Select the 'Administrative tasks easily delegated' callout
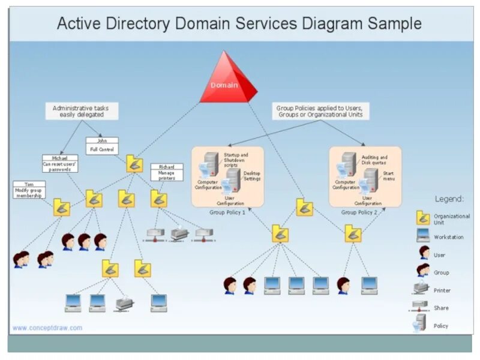(82, 111)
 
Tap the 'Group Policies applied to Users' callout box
(320, 111)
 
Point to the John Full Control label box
(101, 145)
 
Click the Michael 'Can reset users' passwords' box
(60, 163)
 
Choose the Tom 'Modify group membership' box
(29, 189)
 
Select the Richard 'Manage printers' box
(166, 172)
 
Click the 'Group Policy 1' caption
(227, 212)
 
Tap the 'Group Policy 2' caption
(359, 212)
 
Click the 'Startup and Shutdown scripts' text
(235, 160)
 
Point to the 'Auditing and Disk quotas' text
(374, 160)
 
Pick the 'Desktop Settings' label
(252, 176)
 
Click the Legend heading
(449, 199)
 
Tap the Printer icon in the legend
(423, 290)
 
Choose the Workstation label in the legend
(448, 237)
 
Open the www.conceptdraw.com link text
(47, 328)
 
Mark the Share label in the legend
(441, 308)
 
